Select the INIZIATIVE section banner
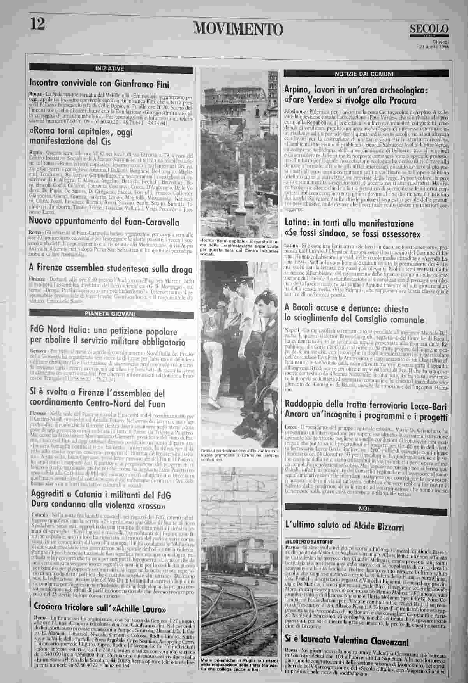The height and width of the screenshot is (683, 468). coord(111,69)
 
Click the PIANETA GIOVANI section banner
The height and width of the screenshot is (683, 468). coord(111,313)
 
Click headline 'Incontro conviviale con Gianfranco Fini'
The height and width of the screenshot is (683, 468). coord(99,83)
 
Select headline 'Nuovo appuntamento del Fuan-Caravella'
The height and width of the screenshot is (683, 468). coord(104,222)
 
